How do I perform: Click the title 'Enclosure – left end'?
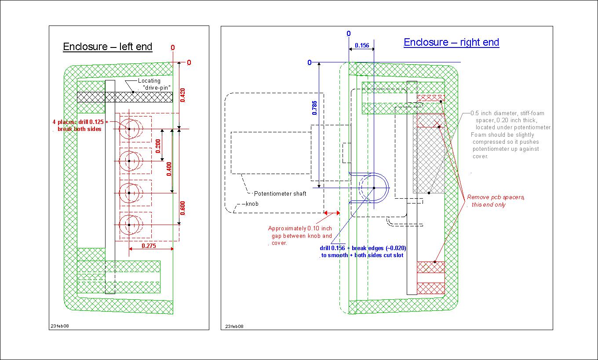point(108,47)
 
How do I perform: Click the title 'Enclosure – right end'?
point(451,43)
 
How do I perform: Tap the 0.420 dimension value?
point(183,95)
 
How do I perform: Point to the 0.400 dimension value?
point(169,169)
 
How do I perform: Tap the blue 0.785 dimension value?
point(314,108)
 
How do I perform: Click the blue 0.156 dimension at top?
point(361,45)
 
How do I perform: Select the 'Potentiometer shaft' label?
point(280,193)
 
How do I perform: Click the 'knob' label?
point(252,204)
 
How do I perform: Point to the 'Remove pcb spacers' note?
point(496,201)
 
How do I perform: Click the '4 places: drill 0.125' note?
point(80,125)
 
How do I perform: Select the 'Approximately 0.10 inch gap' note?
point(300,236)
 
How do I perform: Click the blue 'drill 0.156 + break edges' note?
point(362,251)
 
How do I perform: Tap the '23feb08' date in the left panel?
point(59,326)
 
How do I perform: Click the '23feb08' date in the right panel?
point(234,326)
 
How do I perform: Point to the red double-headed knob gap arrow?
point(332,213)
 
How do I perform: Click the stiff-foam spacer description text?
point(510,134)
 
